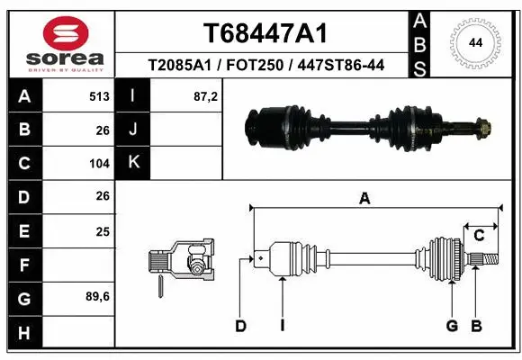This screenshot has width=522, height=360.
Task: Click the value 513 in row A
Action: pyautogui.click(x=99, y=96)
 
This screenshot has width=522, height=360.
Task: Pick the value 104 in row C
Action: pyautogui.click(x=99, y=164)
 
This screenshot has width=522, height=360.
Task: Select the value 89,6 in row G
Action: pyautogui.click(x=97, y=297)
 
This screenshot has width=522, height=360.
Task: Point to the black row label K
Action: pyautogui.click(x=133, y=163)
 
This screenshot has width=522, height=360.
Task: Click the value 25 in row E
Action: pyautogui.click(x=102, y=231)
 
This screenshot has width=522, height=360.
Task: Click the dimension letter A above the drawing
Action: pyautogui.click(x=364, y=199)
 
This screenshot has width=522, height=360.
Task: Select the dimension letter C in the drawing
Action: pyautogui.click(x=480, y=236)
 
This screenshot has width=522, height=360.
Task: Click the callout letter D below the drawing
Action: pyautogui.click(x=240, y=325)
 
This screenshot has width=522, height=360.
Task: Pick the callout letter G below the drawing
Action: pyautogui.click(x=452, y=325)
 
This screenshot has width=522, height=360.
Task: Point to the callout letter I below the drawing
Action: pyautogui.click(x=282, y=325)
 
